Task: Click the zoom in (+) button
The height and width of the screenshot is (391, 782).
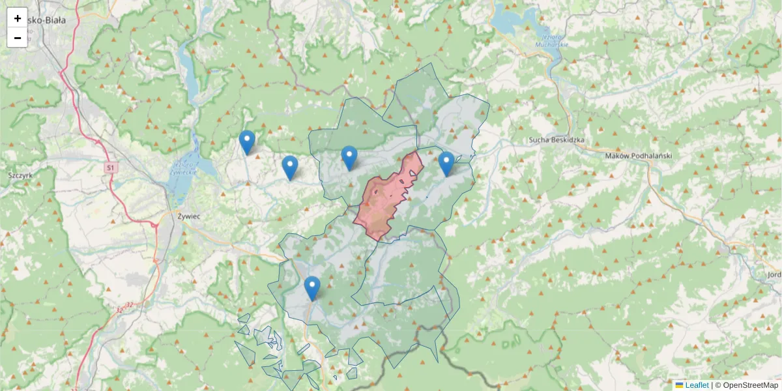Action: pyautogui.click(x=18, y=18)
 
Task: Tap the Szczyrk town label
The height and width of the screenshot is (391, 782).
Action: pyautogui.click(x=20, y=175)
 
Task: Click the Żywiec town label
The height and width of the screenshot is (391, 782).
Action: pyautogui.click(x=188, y=215)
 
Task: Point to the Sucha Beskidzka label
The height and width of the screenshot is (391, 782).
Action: pyautogui.click(x=557, y=140)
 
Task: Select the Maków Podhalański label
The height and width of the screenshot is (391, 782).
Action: pyautogui.click(x=638, y=156)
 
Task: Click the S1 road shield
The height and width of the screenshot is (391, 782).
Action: pyautogui.click(x=111, y=168)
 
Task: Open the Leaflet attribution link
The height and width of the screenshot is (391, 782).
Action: pyautogui.click(x=697, y=385)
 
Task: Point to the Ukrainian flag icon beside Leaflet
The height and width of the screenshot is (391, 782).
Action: pyautogui.click(x=679, y=385)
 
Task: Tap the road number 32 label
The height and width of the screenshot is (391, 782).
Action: pyautogui.click(x=129, y=305)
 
